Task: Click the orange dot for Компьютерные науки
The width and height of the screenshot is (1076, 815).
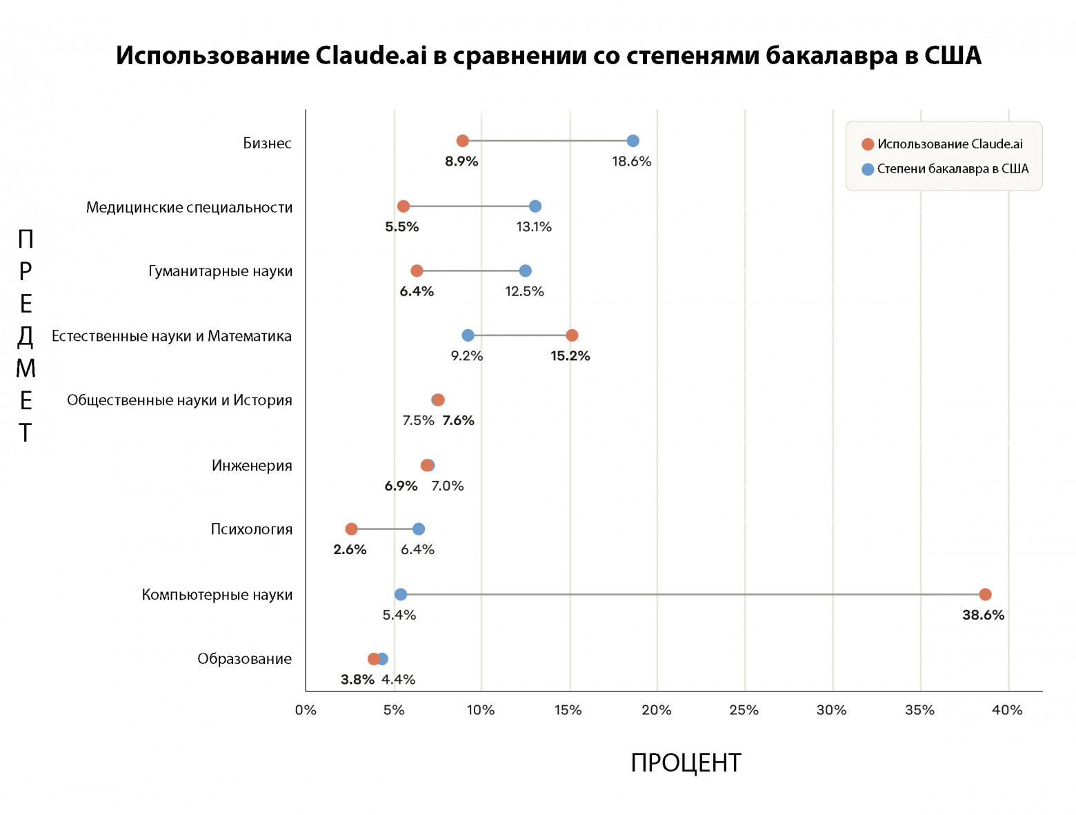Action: click(985, 594)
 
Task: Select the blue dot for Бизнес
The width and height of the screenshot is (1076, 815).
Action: click(632, 141)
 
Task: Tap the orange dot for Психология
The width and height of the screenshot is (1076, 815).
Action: click(351, 529)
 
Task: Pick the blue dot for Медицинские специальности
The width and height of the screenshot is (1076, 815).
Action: click(535, 206)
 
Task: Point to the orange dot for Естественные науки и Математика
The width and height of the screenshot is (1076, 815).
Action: click(572, 335)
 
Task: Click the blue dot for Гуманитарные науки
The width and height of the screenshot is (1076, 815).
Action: click(526, 271)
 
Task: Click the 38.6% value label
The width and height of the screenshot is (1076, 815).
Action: click(983, 615)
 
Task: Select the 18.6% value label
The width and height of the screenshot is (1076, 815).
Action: click(631, 161)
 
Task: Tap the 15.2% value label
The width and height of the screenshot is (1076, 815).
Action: click(570, 356)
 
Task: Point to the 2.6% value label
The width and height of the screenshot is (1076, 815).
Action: click(350, 550)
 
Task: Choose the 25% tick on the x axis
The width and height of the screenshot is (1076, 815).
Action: click(744, 710)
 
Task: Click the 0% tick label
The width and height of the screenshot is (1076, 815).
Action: click(306, 710)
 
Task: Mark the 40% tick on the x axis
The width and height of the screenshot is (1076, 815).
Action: click(1007, 710)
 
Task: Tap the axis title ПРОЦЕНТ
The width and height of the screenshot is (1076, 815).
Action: click(686, 763)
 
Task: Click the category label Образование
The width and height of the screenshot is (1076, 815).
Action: click(244, 659)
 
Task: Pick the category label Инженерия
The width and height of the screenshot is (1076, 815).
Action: click(252, 466)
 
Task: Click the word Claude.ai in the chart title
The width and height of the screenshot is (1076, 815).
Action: click(371, 55)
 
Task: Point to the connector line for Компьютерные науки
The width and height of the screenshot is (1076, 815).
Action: click(690, 594)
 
